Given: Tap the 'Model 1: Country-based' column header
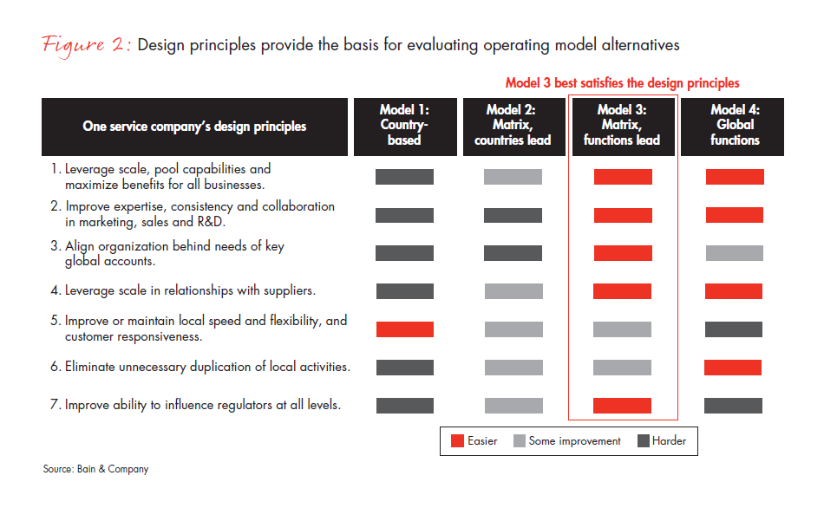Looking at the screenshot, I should pos(404,125).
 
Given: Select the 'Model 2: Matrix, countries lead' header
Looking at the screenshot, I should pos(513,125).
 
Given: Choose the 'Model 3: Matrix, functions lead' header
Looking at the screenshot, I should pos(622,125).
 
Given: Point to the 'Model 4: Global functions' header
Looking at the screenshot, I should pos(734,125).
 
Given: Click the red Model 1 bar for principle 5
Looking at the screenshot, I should pos(404,329).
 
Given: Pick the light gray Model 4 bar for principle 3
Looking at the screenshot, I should pos(734,253).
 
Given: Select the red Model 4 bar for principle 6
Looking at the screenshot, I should pos(733,368).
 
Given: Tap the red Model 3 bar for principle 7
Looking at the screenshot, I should pos(622,406).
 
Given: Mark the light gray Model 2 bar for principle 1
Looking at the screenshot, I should pos(513,177).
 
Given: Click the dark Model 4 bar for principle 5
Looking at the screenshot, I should pos(734,329).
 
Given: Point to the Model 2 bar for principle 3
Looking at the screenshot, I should pos(513,253).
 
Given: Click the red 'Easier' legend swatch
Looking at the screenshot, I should pos(457,441).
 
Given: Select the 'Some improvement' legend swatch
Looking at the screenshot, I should pos(520,441).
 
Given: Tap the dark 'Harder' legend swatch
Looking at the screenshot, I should pos(644,441).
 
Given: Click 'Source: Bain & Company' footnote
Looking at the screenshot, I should pos(96,469).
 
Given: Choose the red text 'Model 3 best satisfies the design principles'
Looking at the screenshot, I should pos(622,83).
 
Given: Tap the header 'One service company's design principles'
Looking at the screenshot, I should pos(194,127).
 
